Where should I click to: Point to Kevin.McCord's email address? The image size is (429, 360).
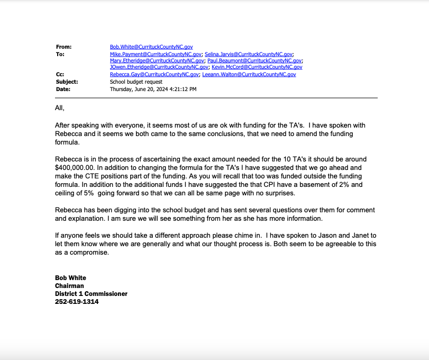257,67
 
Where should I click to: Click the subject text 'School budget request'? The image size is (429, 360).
136,82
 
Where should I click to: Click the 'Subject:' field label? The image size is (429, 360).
67,82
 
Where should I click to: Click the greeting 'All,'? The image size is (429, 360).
59,108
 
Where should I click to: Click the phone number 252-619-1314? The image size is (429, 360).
77,302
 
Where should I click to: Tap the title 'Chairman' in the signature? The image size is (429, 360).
69,286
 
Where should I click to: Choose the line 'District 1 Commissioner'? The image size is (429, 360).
91,294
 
